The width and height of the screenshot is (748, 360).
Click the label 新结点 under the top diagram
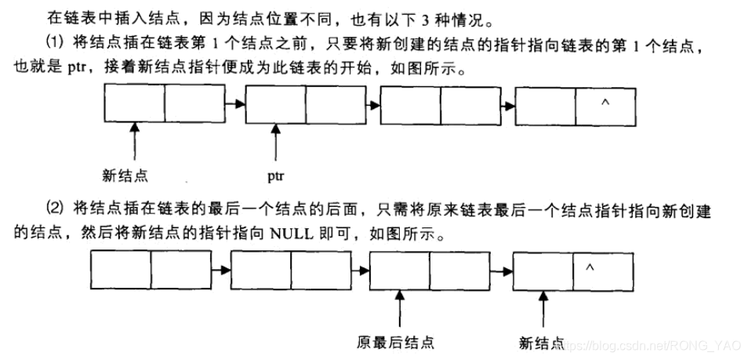(x=125, y=173)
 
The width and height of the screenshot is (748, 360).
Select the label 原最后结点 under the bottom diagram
(x=395, y=342)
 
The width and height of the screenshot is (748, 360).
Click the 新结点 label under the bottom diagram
(x=542, y=342)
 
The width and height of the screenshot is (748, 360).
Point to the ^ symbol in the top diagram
(x=604, y=102)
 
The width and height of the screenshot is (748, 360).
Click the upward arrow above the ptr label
(x=275, y=142)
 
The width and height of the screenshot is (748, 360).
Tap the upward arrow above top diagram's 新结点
(x=136, y=142)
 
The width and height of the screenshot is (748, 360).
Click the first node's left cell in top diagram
(x=135, y=104)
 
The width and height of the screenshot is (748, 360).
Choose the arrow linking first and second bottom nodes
(x=221, y=269)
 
